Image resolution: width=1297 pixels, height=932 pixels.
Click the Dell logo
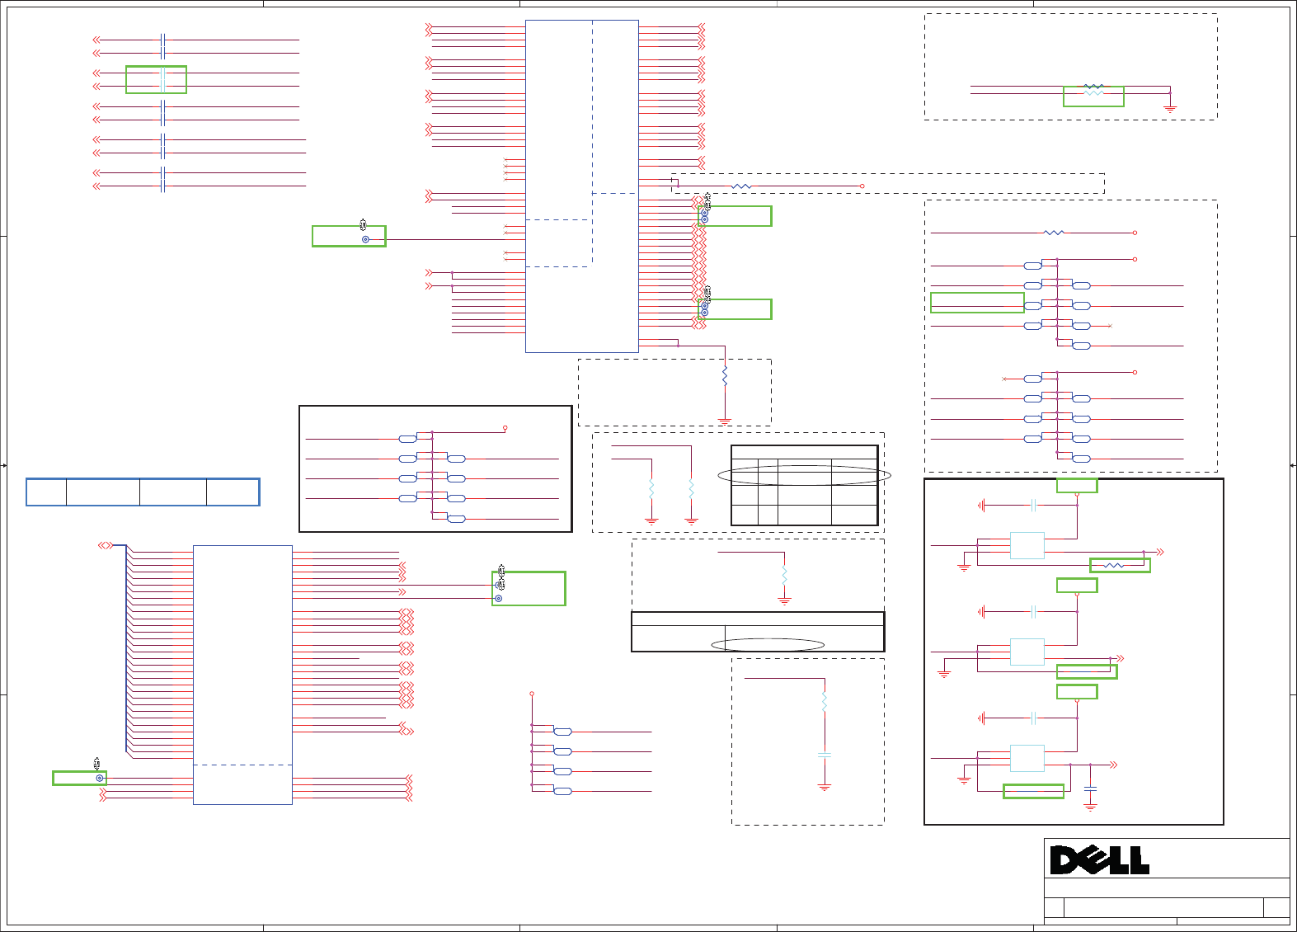(1099, 859)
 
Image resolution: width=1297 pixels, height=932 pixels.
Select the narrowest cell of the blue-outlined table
(46, 492)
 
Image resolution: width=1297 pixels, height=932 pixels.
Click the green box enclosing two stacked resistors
(1093, 96)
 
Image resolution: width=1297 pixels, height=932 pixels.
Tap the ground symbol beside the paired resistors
(1169, 107)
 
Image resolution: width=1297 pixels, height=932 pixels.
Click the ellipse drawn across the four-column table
(804, 475)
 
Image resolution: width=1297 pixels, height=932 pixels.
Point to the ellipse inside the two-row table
(768, 645)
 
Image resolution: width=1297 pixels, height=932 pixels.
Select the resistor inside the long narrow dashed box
(741, 186)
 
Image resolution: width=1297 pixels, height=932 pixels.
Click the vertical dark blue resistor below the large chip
(725, 377)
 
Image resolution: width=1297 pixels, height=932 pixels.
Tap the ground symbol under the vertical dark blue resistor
(725, 421)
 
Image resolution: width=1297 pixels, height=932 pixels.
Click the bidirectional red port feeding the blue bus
(105, 545)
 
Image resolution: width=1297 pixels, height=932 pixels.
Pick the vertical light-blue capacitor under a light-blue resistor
(824, 755)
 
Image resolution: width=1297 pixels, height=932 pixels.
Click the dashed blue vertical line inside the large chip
(592, 140)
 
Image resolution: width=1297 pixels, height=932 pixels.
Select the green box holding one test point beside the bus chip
(79, 778)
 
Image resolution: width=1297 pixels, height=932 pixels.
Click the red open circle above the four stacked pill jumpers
(532, 694)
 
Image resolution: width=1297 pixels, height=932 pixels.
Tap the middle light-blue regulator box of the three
(1027, 652)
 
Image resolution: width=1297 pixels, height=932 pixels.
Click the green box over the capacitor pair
(156, 79)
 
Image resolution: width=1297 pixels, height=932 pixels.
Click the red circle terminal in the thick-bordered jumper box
(505, 428)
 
